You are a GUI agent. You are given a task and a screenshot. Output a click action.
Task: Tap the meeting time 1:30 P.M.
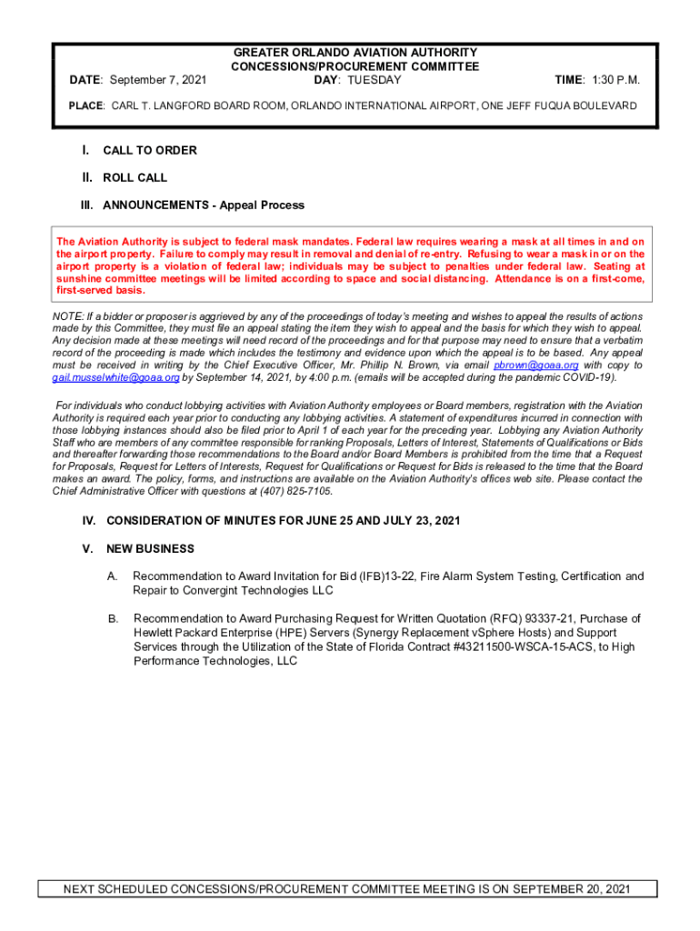point(610,80)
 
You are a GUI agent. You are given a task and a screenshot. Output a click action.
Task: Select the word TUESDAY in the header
point(370,80)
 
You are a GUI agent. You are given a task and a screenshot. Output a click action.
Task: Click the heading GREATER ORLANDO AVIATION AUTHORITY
point(355,53)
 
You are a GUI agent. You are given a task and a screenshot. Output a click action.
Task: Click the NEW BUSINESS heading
point(150,549)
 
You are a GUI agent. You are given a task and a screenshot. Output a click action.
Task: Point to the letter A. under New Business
point(112,576)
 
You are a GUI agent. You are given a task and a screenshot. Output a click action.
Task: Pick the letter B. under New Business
point(113,618)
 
